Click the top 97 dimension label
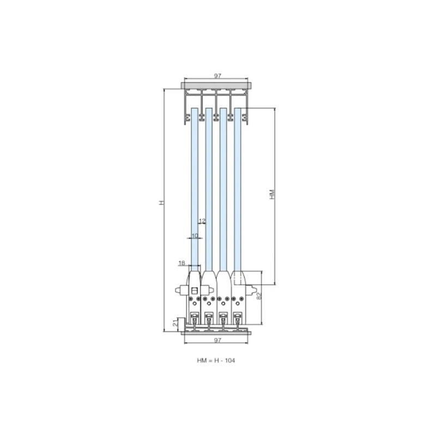point(217,76)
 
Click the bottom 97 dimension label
point(217,340)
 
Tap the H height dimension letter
point(161,202)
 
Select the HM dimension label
point(272,194)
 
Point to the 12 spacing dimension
point(202,221)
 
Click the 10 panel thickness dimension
point(195,236)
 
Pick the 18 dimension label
point(181,263)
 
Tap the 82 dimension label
point(259,296)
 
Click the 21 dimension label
point(174,323)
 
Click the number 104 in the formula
point(230,360)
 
